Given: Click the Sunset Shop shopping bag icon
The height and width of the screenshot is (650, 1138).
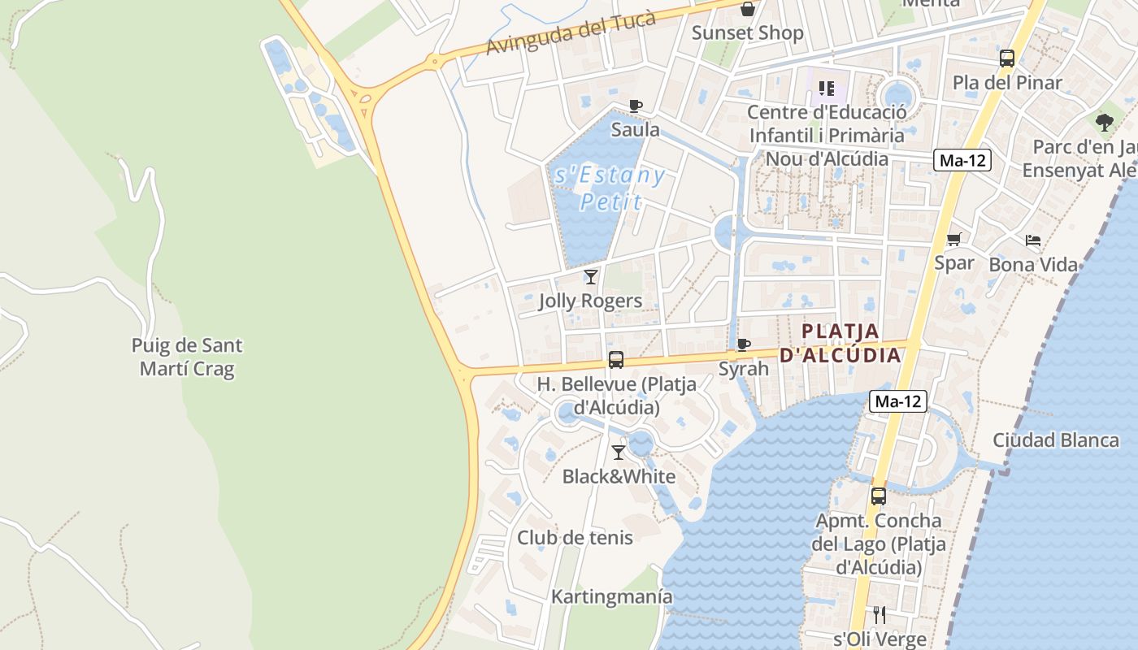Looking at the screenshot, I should pos(747,10).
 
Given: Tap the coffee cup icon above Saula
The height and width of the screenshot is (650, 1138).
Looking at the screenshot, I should pos(636,106).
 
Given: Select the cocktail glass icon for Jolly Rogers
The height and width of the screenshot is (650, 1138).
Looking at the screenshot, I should pos(591,277).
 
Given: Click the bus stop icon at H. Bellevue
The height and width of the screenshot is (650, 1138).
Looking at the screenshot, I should pos(616,360).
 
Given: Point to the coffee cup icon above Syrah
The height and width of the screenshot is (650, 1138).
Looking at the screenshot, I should pos(743,344).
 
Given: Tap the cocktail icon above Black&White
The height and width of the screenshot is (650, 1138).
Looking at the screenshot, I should pos(619,453).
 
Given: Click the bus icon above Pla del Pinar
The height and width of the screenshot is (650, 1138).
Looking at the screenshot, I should pos(1007,58).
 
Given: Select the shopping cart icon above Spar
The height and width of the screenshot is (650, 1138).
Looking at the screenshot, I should pos(953,240).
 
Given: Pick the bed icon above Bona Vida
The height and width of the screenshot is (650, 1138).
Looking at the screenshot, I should pos(1033,240).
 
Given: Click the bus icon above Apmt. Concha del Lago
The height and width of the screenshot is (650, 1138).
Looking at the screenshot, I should pos(879,496).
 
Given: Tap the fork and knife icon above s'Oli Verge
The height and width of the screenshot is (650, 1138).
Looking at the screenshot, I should pos(879,614).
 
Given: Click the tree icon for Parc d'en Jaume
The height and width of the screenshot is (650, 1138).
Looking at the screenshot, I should pos(1104,123).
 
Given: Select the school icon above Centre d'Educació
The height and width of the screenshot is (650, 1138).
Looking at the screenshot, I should pos(827,89).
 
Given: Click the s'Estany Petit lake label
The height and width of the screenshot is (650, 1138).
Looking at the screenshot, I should pos(609,188).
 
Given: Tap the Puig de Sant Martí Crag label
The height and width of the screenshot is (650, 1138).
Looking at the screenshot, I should pos(187,357).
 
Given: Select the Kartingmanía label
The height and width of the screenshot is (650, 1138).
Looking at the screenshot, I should pos(612,596).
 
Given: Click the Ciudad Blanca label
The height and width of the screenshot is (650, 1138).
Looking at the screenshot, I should pos(1056,440).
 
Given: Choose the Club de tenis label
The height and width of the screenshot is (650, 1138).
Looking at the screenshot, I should pos(575,537).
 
